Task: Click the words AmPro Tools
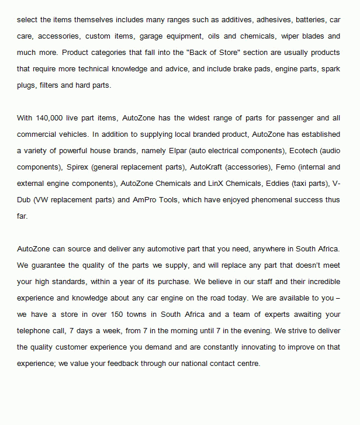pos(158,199)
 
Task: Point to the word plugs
pos(27,85)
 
